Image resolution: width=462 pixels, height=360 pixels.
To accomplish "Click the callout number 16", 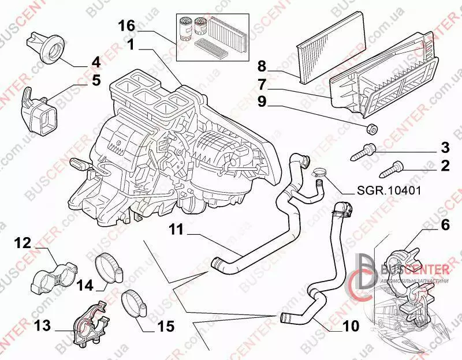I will pyautogui.click(x=127, y=25).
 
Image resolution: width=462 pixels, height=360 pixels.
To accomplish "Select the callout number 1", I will pyautogui.click(x=132, y=44).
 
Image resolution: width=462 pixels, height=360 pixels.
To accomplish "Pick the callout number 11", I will pyautogui.click(x=176, y=230).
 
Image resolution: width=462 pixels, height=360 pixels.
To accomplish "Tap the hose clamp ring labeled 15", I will pyautogui.click(x=135, y=303).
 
